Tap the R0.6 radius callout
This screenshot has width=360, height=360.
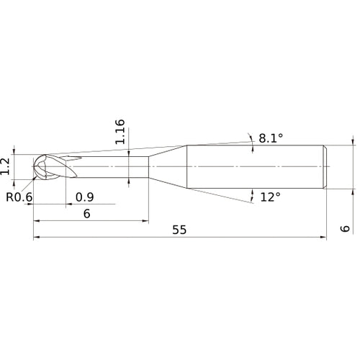click(x=19, y=196)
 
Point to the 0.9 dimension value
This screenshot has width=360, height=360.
click(x=85, y=196)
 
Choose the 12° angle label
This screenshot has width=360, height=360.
click(x=271, y=197)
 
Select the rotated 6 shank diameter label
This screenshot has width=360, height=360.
click(x=345, y=228)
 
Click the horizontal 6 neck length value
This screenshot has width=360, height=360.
click(x=86, y=213)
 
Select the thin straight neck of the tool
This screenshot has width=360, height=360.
click(x=115, y=168)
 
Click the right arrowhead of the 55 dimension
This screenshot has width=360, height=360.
click(x=326, y=237)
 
